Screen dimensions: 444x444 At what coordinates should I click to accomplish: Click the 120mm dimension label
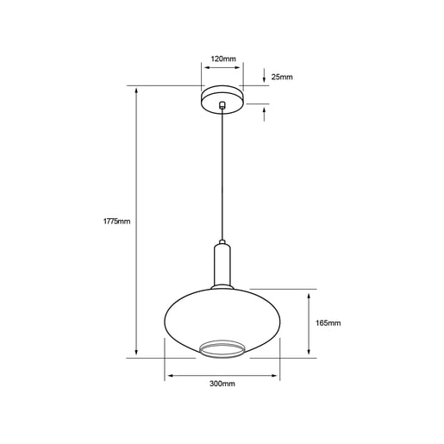223,59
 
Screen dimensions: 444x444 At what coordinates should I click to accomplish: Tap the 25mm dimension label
282,77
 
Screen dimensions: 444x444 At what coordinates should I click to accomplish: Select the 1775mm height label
116,222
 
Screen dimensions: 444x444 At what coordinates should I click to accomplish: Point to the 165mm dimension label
328,323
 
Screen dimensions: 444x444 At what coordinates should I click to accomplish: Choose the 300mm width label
222,384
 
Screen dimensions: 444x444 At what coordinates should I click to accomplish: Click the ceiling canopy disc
222,99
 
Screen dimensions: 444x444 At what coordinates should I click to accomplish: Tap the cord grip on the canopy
222,105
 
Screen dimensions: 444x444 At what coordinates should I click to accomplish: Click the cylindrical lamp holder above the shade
222,265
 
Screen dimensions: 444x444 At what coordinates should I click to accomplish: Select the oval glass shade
222,322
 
